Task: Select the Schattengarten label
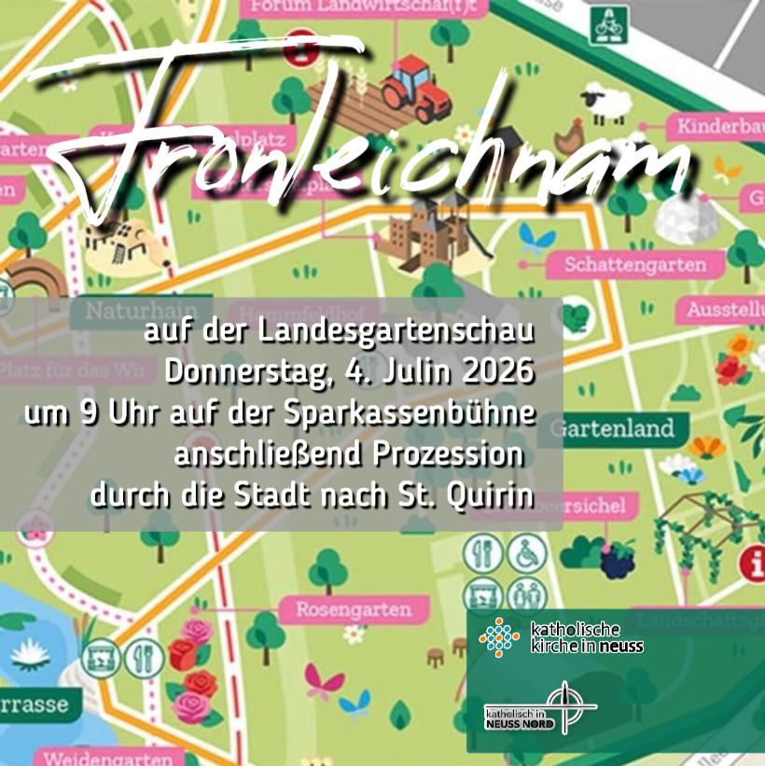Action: coord(634,265)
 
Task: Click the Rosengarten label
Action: coord(354,610)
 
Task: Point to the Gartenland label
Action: coord(612,429)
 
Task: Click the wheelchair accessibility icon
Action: coord(522,556)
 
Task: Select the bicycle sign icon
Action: coord(606,25)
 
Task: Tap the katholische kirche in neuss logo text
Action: coord(586,637)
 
